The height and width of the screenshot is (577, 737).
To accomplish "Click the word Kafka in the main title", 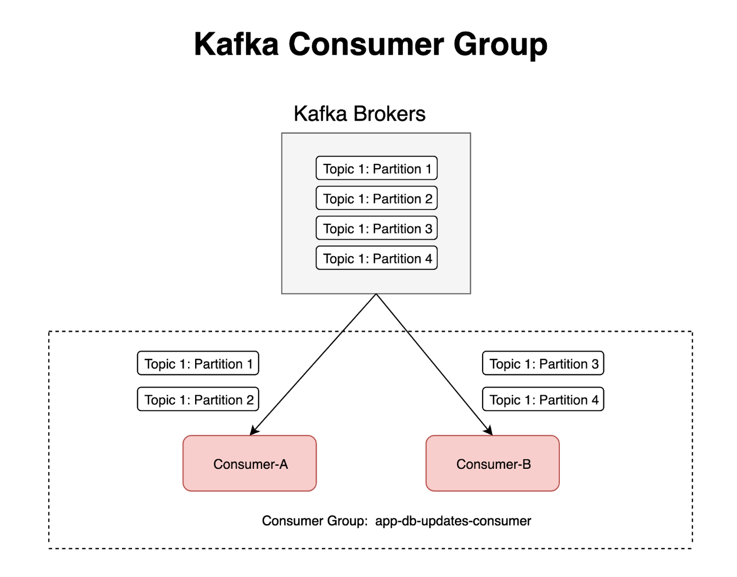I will (x=236, y=44).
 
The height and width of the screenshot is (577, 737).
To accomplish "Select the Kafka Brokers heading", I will (x=359, y=114).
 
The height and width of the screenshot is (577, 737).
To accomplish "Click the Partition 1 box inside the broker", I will (x=376, y=169).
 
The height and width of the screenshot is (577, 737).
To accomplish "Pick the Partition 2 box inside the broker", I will (x=376, y=198).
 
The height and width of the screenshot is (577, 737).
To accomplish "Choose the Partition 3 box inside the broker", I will (x=376, y=229).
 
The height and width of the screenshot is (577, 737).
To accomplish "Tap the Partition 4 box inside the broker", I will (x=376, y=258).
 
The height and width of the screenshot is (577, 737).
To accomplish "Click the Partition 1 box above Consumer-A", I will (x=198, y=363).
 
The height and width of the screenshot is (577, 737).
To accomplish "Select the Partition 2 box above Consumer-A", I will (x=198, y=399).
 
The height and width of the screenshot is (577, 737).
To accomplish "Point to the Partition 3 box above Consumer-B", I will (x=543, y=363).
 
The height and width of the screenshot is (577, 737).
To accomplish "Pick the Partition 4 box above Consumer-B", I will (x=543, y=399).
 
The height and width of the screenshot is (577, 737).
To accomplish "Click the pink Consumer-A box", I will (x=249, y=464).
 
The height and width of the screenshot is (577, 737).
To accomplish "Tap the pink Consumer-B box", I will (x=493, y=464).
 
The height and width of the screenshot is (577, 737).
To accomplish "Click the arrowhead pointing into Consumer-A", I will (x=253, y=431).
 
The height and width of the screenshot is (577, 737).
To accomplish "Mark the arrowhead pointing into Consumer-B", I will (x=489, y=431).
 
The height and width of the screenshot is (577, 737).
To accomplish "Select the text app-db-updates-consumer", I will (x=453, y=521).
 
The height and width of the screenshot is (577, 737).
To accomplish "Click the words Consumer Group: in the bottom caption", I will (x=314, y=521).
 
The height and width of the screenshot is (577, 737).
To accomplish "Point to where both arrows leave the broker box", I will (x=376, y=294).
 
